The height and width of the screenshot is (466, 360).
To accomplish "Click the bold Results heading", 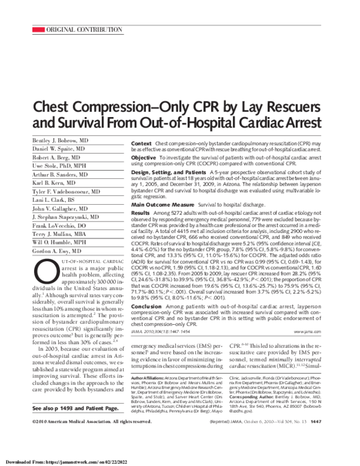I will pyautogui.click(x=141, y=213).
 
